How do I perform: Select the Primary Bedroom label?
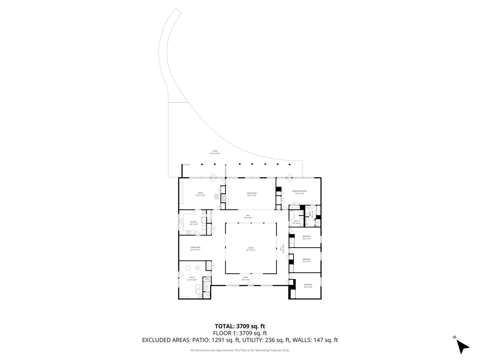click(299, 192)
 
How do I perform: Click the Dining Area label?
click(195, 248)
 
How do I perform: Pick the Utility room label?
click(192, 278)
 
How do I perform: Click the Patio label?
click(215, 152)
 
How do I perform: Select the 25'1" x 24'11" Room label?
click(251, 249)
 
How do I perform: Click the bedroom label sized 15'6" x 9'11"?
click(306, 237)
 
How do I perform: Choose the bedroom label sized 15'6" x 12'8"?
click(308, 286)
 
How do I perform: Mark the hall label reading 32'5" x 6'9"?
click(248, 216)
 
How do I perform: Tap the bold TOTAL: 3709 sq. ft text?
click(240, 326)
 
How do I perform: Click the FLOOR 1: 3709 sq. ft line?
click(240, 333)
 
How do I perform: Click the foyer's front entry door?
click(250, 284)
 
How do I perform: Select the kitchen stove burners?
click(181, 220)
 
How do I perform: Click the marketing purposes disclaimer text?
click(240, 350)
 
